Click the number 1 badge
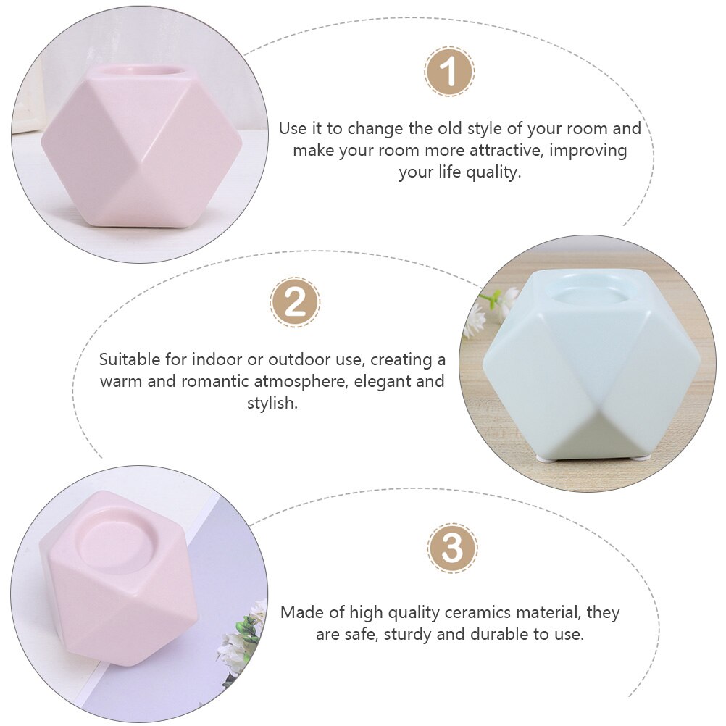(448, 72)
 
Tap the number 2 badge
(295, 302)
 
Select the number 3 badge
(452, 548)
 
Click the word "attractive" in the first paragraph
(506, 150)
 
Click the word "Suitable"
(129, 359)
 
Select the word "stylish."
(272, 403)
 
